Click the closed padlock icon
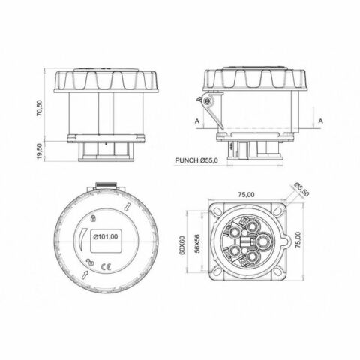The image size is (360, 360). point(90,218)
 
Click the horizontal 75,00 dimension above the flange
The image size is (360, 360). point(245,194)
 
